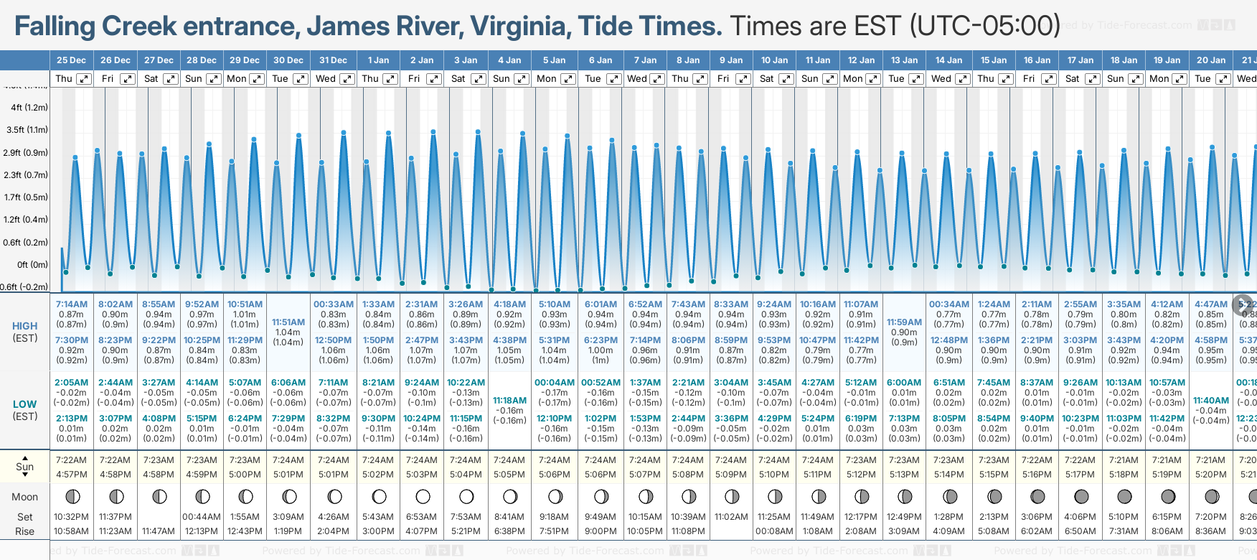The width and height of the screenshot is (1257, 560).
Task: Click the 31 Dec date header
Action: (333, 60)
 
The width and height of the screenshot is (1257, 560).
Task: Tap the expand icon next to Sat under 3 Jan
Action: (478, 79)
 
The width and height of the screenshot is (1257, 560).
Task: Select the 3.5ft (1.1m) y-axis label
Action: (27, 130)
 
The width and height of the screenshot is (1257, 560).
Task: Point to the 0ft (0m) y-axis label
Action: (32, 265)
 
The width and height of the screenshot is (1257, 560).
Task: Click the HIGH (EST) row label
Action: (25, 332)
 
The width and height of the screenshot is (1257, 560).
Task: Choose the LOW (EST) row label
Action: (25, 410)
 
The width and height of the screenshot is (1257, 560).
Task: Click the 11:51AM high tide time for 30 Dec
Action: (288, 322)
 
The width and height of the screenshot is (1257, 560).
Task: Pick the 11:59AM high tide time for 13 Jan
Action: (904, 322)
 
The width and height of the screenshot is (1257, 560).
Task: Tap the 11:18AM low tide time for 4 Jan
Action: (509, 401)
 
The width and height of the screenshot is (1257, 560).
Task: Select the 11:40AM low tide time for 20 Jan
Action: (1211, 401)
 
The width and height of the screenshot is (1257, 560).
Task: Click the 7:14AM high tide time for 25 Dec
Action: (72, 304)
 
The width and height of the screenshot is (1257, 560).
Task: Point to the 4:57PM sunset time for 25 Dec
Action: (72, 475)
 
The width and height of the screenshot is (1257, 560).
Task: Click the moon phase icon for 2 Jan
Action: (423, 497)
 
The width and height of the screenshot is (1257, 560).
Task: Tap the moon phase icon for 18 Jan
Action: (1124, 497)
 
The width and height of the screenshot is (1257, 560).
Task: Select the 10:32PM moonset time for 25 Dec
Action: (72, 517)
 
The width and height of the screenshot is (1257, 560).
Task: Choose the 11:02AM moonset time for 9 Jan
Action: (731, 517)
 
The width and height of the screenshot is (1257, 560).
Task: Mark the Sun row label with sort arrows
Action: (25, 467)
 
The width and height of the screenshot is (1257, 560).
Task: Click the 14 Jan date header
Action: (949, 60)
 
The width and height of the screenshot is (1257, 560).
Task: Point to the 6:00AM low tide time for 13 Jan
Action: (904, 383)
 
